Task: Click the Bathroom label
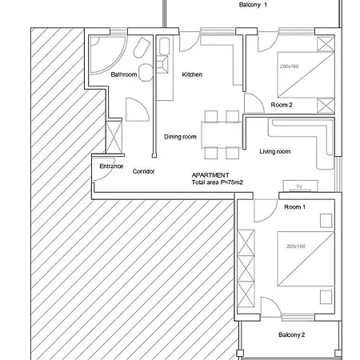tap(124, 74)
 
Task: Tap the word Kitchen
tap(192, 74)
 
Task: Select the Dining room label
tap(180, 137)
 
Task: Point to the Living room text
tap(275, 151)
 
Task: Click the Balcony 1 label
tap(253, 5)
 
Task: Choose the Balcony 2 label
tap(291, 334)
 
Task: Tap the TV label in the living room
tap(299, 187)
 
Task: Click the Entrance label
tap(111, 166)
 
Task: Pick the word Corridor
tap(143, 171)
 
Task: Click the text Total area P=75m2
tap(218, 182)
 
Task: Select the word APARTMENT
tap(210, 175)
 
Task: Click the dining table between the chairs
tap(222, 134)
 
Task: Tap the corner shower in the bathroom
tap(107, 54)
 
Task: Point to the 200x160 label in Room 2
tap(289, 66)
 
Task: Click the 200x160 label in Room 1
tap(296, 246)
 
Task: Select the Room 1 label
tap(294, 207)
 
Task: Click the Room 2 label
tap(282, 105)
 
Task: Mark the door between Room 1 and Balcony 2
tap(270, 306)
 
